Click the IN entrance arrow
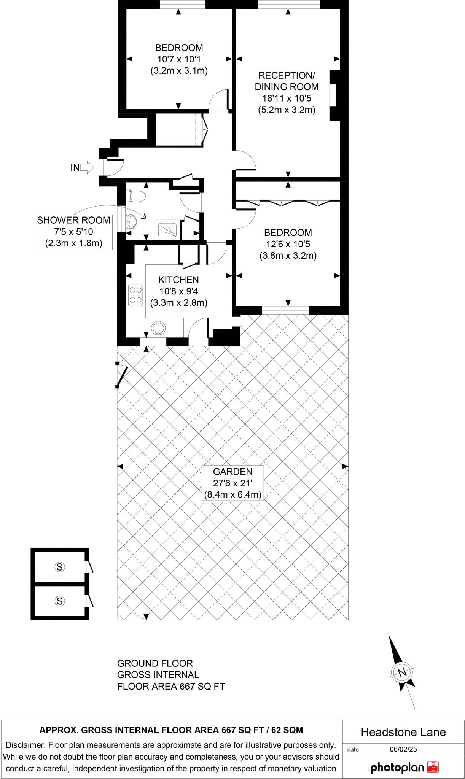click(87, 167)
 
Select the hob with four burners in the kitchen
click(135, 295)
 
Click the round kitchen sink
click(158, 328)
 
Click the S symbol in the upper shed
click(60, 567)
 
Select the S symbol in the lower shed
click(60, 601)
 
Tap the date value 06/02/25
click(403, 749)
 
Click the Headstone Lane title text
click(403, 732)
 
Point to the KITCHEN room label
click(178, 280)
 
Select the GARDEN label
click(232, 472)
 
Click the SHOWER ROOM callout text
click(74, 220)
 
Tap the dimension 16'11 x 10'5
click(287, 99)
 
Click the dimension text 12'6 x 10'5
click(288, 244)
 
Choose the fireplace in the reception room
click(335, 95)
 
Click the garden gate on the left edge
click(121, 375)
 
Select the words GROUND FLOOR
click(155, 663)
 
